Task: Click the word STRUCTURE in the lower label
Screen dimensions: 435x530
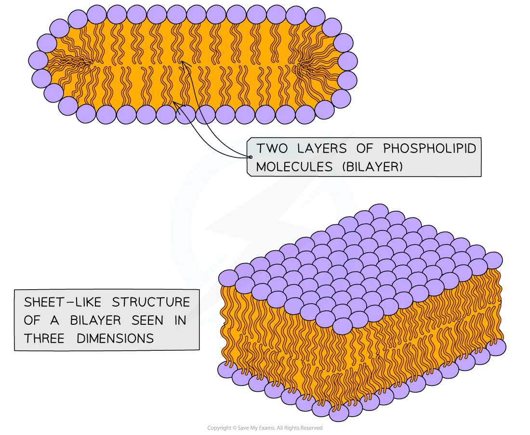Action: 151,303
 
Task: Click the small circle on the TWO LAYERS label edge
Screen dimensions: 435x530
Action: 251,157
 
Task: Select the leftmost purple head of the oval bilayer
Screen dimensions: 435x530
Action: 39,60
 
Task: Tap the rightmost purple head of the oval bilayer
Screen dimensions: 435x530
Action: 347,61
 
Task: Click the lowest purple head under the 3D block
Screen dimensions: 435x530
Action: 339,412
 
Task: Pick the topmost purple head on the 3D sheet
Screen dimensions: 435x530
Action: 379,212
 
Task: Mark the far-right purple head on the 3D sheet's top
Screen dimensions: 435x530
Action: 492,260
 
